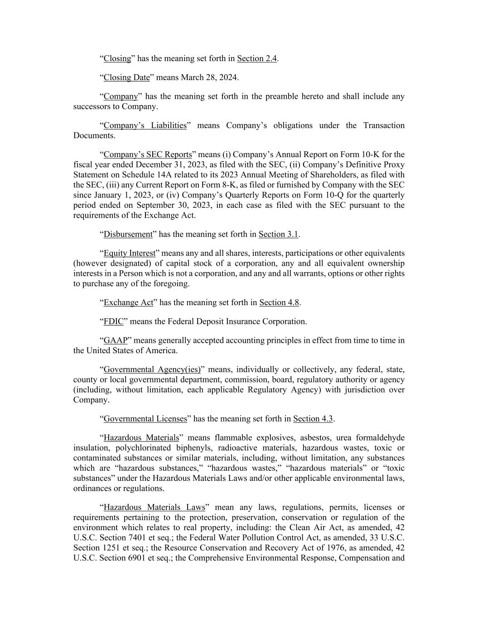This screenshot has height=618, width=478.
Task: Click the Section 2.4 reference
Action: click(x=257, y=58)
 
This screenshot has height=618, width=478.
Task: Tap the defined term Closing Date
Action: click(x=126, y=77)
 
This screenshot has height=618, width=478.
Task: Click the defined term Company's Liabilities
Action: click(x=145, y=125)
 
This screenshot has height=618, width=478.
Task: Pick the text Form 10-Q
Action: click(x=339, y=195)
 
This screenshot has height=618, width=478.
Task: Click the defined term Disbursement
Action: click(x=128, y=234)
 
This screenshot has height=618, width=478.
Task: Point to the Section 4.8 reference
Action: click(x=279, y=302)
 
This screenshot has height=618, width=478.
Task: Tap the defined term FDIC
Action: click(x=114, y=321)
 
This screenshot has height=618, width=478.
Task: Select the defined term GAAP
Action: click(x=116, y=340)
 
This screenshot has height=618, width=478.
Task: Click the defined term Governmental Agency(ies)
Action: click(x=152, y=369)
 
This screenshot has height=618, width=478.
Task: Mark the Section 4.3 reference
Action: click(x=313, y=419)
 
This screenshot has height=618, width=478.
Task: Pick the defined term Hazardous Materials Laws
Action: click(x=154, y=507)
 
